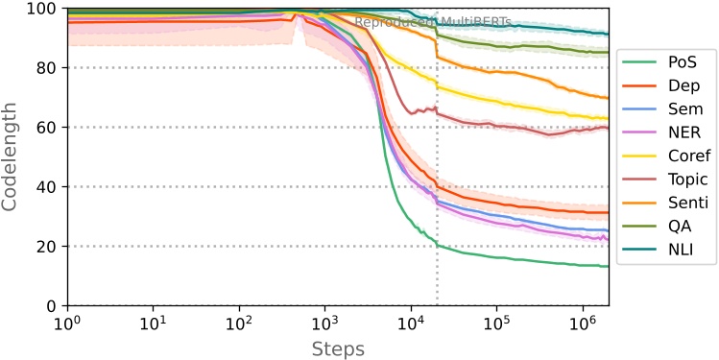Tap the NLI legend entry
coord(666,249)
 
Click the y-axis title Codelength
coord(12,157)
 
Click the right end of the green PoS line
coord(608,266)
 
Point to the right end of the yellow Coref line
coord(608,118)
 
